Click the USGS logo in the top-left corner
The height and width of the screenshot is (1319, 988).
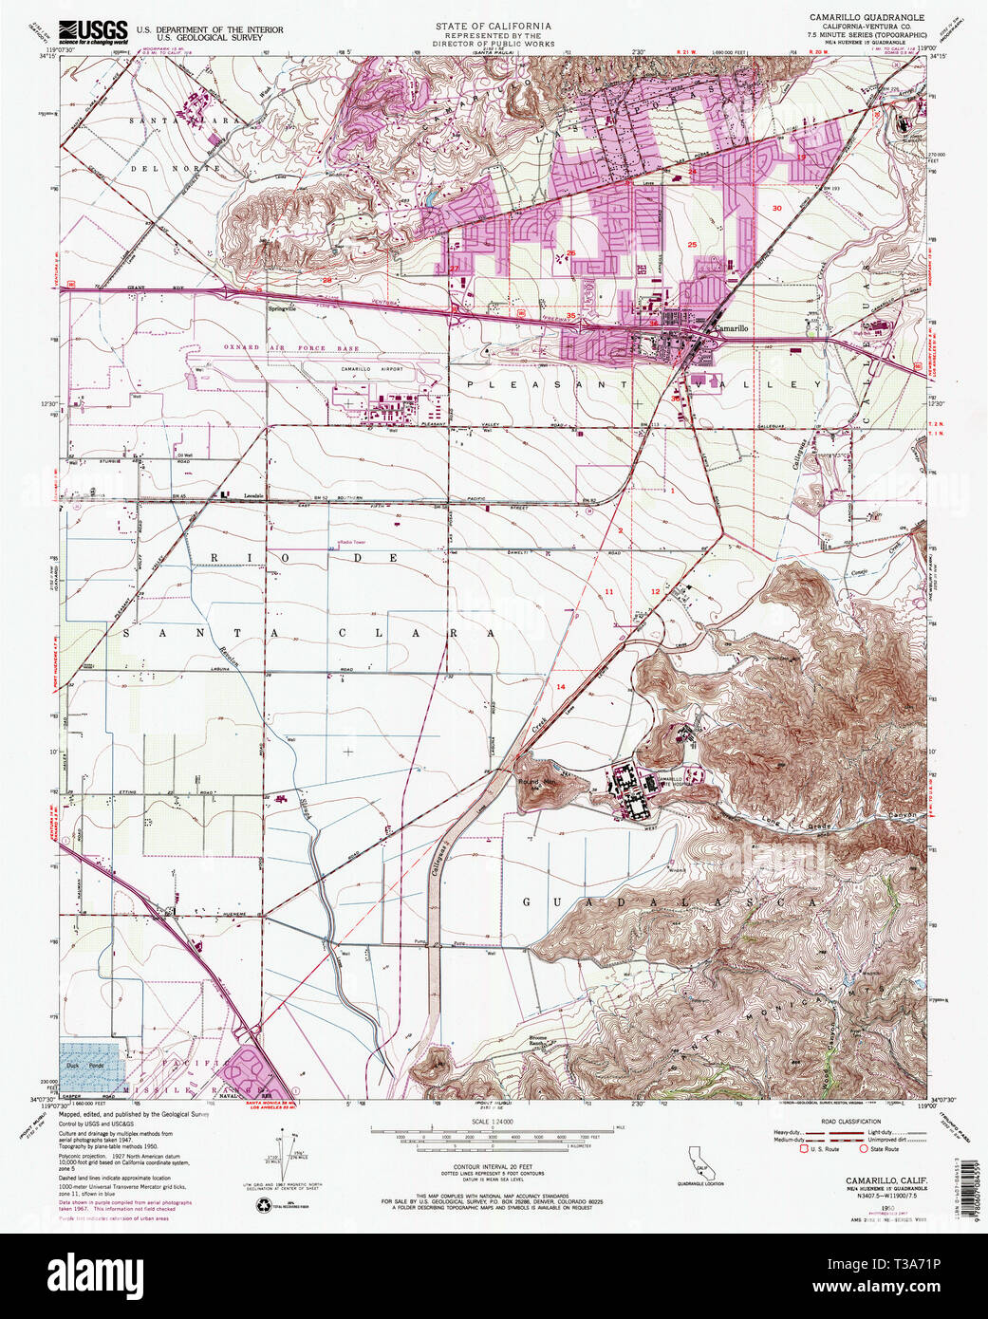tap(93, 32)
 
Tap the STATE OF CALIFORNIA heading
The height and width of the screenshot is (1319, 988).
tap(494, 25)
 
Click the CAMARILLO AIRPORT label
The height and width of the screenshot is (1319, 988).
tap(371, 369)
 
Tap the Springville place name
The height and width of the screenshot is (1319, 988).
tap(283, 308)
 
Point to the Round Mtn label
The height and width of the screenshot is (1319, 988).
tap(536, 782)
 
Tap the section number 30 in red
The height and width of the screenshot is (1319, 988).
tap(776, 208)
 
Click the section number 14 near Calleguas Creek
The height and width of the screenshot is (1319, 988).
tap(561, 686)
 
